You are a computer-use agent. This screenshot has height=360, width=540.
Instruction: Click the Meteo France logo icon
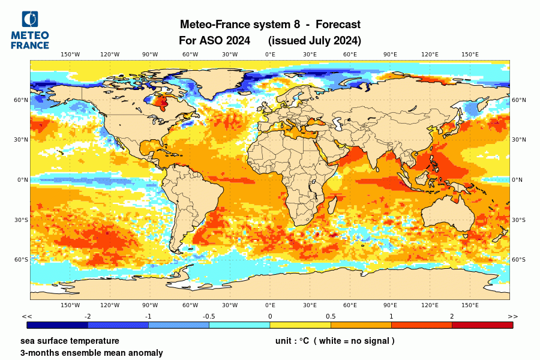(29, 19)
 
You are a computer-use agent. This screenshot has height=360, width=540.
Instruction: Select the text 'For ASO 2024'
(214, 41)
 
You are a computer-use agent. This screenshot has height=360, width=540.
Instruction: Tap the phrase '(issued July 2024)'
(314, 41)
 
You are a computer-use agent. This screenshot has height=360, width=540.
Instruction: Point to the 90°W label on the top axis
(150, 55)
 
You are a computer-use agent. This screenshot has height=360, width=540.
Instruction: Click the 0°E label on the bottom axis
(270, 305)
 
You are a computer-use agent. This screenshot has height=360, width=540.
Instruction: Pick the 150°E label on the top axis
(470, 55)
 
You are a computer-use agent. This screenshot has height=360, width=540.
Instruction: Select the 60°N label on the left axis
(22, 100)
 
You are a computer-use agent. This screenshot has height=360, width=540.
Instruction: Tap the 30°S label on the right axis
(518, 220)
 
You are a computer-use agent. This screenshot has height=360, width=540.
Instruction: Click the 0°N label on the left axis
(22, 179)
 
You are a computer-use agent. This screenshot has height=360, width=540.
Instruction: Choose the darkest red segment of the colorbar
(482, 325)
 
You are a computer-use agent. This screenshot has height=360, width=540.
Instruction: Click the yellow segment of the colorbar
(300, 325)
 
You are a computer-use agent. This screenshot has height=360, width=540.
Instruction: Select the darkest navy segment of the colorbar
(58, 325)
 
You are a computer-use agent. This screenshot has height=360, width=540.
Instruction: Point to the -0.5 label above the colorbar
(209, 316)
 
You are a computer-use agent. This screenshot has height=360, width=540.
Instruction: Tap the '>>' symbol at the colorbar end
(512, 316)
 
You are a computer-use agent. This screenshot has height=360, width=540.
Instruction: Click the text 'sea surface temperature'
(70, 341)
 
